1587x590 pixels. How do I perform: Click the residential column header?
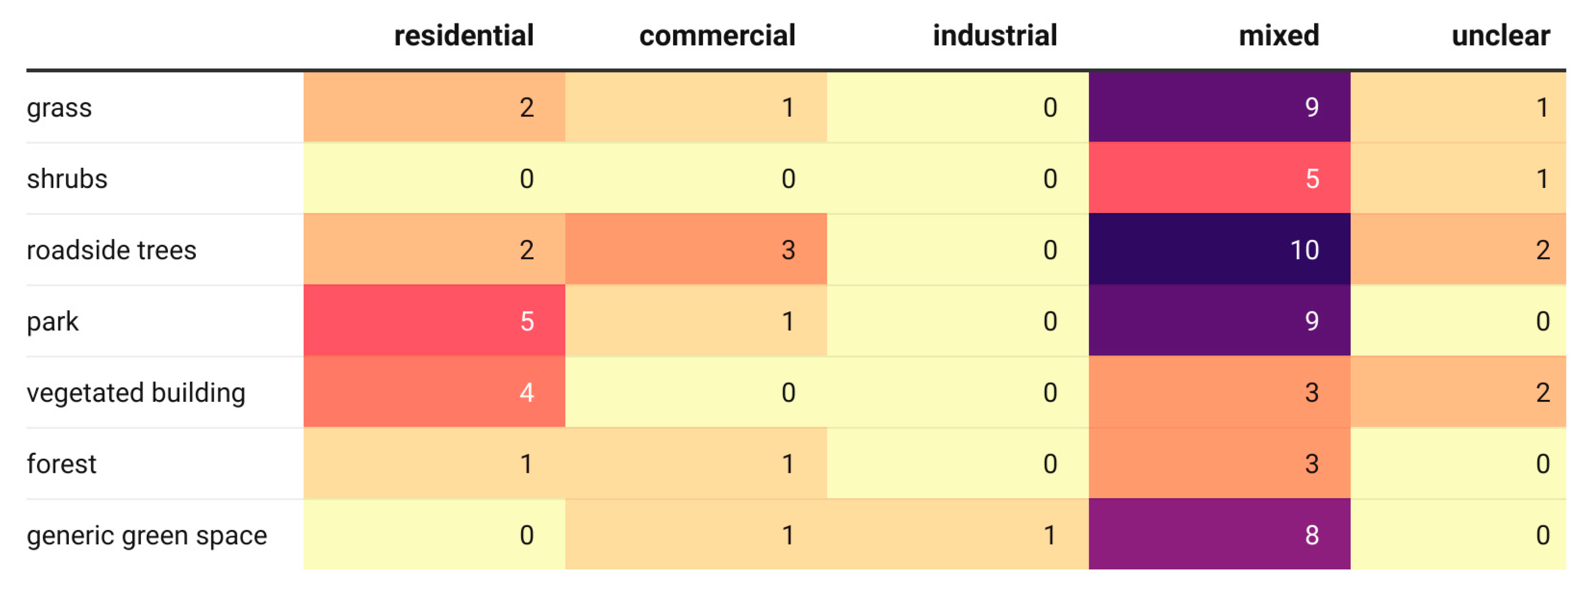point(463,35)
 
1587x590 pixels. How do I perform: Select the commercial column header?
point(717,35)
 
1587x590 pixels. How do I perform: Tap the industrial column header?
point(994,35)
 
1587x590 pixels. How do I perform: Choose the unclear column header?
point(1500,35)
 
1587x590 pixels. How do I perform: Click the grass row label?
point(59,108)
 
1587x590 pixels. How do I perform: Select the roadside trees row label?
point(112,250)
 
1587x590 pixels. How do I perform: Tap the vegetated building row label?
point(136,393)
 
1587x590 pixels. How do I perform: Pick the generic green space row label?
point(147,535)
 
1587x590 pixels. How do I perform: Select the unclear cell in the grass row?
point(1458,107)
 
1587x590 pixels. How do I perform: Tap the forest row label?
point(62,464)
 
